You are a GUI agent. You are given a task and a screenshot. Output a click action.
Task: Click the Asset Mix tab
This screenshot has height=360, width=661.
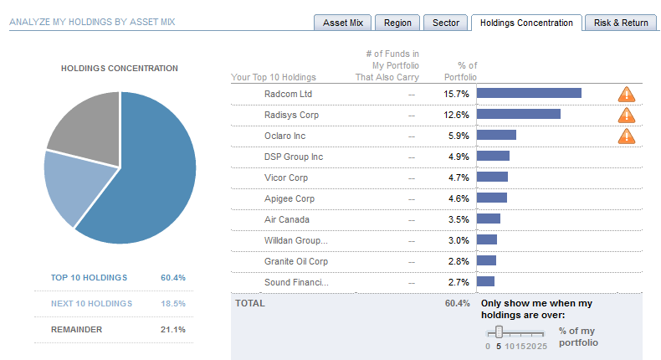tap(343, 23)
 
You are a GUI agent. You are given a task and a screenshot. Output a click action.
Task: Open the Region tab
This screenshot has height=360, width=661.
tap(397, 23)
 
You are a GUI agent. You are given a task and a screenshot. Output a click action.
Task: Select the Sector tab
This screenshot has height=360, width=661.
tap(446, 23)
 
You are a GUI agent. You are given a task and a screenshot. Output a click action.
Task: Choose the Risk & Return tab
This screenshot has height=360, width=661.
tap(621, 23)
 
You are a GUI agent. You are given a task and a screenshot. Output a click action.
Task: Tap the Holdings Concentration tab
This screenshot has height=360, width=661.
tap(527, 23)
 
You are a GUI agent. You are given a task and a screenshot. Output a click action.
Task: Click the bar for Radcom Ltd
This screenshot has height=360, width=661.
tap(529, 94)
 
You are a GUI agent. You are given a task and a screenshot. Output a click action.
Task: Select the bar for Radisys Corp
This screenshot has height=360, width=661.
tap(519, 115)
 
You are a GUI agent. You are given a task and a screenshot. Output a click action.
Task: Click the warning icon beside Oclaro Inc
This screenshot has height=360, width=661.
tap(627, 136)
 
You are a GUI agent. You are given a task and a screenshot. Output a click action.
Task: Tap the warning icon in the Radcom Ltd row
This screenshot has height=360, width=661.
tap(627, 94)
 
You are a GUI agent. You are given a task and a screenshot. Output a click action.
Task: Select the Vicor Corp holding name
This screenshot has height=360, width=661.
tap(286, 177)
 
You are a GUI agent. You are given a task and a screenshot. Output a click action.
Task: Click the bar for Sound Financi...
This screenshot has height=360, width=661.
tap(486, 282)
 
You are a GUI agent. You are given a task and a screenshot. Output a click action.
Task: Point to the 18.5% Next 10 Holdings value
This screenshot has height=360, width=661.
tap(172, 303)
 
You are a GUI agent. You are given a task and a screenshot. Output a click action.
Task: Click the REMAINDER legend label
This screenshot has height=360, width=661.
tap(76, 329)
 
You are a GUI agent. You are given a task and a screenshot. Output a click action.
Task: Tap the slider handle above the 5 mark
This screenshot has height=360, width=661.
tap(499, 332)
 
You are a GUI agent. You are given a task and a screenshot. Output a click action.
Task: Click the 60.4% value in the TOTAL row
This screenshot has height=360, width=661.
tap(458, 303)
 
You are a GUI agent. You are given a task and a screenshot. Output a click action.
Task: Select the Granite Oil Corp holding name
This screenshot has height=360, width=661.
tap(295, 261)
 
